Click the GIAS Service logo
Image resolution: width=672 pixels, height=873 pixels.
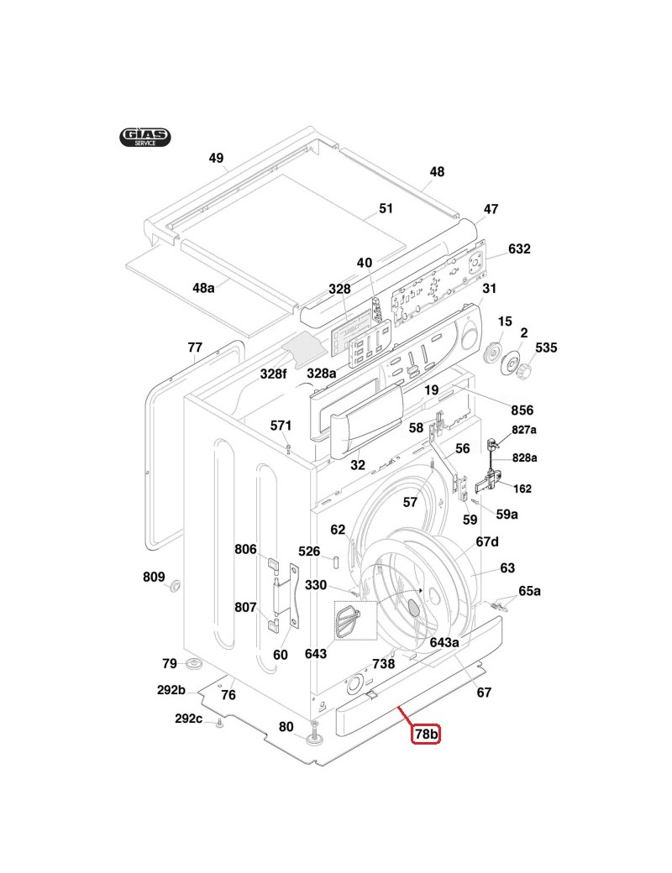tap(144, 137)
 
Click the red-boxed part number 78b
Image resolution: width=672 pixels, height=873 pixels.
tap(426, 734)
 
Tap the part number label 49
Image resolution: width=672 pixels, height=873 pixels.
tap(217, 158)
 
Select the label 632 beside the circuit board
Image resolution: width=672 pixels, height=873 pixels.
tap(519, 249)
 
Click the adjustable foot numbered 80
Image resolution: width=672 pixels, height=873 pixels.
tap(318, 737)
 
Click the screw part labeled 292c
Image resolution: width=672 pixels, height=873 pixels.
tap(218, 723)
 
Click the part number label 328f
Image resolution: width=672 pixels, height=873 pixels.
tap(274, 374)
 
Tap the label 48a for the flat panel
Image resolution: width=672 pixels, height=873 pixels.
tap(203, 288)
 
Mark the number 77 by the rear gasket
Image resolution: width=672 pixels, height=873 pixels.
tap(195, 347)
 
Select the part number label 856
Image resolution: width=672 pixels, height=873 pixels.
tap(522, 410)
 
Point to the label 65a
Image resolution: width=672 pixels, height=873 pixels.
tap(529, 591)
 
